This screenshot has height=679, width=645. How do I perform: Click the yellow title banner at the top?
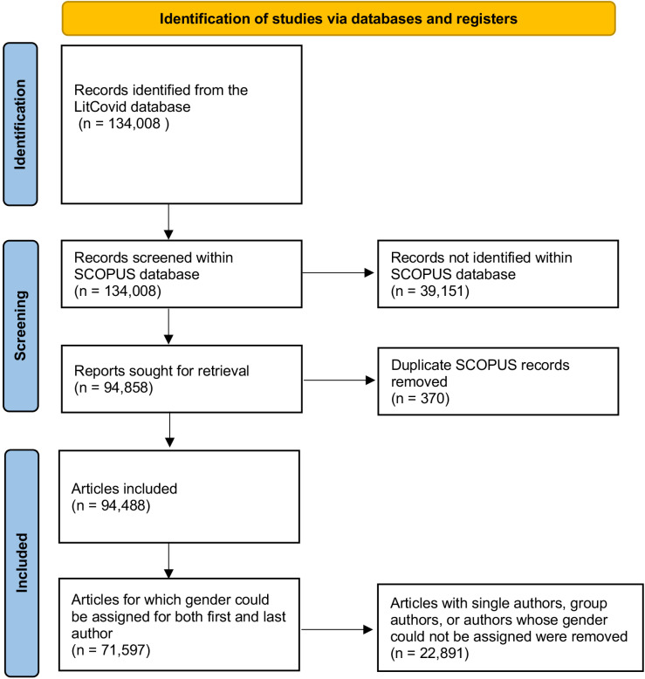click(x=339, y=18)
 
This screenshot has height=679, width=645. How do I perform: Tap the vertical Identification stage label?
click(x=20, y=124)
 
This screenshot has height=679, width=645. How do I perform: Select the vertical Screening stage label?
click(x=20, y=326)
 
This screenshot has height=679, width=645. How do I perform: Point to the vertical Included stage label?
click(x=21, y=563)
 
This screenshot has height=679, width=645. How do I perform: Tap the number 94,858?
click(x=126, y=388)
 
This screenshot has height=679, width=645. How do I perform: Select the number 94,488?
click(x=123, y=505)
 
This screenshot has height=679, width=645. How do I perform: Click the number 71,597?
click(x=123, y=650)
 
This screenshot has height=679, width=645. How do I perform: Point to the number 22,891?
click(x=442, y=653)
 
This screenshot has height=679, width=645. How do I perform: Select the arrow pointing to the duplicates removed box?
click(x=340, y=381)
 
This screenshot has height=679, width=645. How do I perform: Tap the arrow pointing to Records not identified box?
click(x=338, y=273)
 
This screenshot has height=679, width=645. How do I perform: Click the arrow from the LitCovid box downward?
click(x=168, y=222)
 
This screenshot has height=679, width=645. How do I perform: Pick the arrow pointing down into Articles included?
click(x=170, y=430)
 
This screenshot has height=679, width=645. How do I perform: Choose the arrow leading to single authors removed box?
click(x=337, y=629)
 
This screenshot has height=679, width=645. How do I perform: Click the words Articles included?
click(x=124, y=489)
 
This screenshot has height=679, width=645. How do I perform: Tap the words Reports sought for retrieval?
click(x=161, y=371)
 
